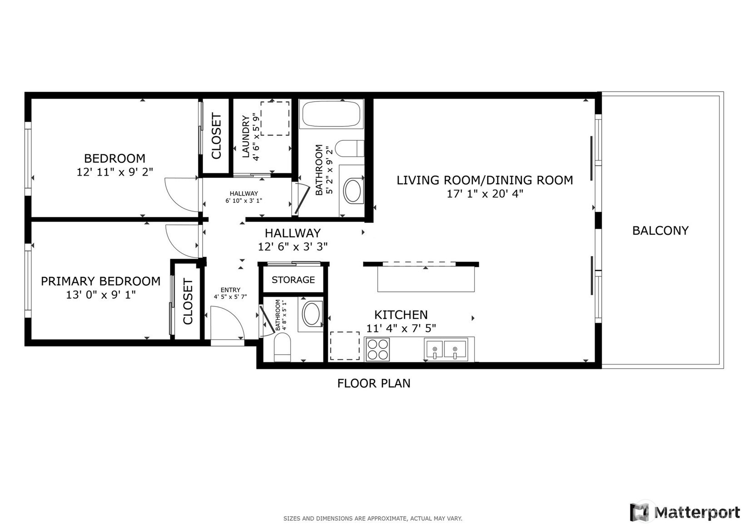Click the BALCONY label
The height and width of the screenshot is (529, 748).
pyautogui.click(x=660, y=230)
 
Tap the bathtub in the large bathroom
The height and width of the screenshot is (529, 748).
pyautogui.click(x=331, y=114)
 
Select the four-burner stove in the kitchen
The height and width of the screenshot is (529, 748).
pyautogui.click(x=378, y=349)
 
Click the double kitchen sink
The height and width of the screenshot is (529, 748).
pyautogui.click(x=446, y=349)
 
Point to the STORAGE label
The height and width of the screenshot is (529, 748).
pyautogui.click(x=293, y=280)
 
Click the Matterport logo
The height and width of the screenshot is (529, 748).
pyautogui.click(x=685, y=512)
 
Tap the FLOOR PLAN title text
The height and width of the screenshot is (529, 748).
pyautogui.click(x=374, y=383)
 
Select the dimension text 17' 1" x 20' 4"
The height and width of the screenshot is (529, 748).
pyautogui.click(x=485, y=194)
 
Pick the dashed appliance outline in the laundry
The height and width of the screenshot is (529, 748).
pyautogui.click(x=275, y=119)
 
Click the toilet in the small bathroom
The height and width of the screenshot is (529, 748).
pyautogui.click(x=282, y=347)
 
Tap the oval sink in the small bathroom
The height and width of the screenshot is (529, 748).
pyautogui.click(x=311, y=314)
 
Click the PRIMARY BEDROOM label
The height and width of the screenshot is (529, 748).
pyautogui.click(x=100, y=281)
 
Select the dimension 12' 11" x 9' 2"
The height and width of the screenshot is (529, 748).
pyautogui.click(x=115, y=172)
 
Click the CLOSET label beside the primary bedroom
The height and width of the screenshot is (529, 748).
pyautogui.click(x=188, y=301)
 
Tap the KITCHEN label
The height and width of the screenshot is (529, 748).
pyautogui.click(x=401, y=315)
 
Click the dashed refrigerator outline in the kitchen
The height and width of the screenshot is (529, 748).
pyautogui.click(x=345, y=346)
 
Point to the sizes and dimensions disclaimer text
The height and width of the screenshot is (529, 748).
pyautogui.click(x=373, y=519)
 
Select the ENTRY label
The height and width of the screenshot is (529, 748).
pyautogui.click(x=230, y=290)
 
